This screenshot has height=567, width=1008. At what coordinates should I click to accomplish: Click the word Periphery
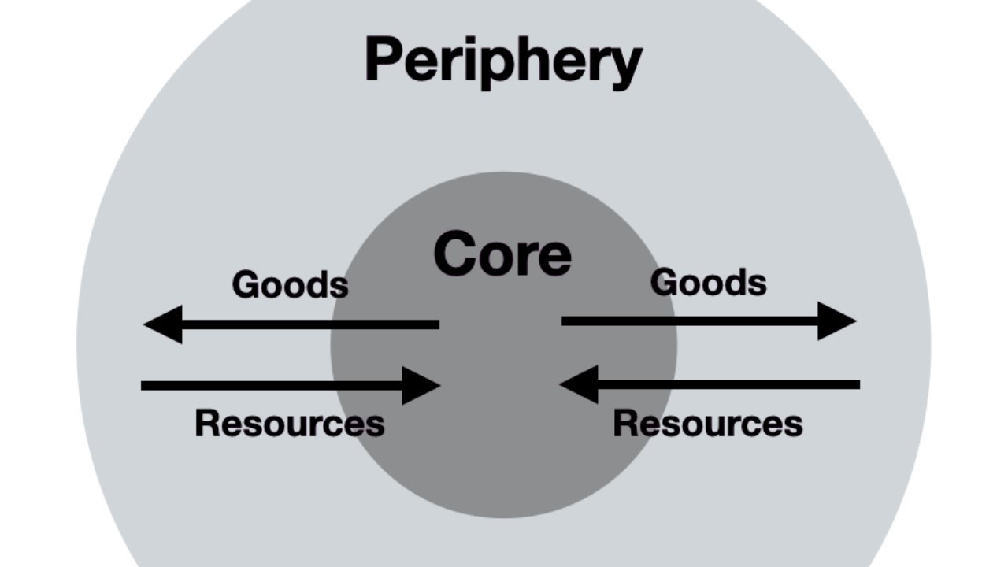pyautogui.click(x=503, y=62)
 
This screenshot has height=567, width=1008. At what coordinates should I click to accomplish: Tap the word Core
pyautogui.click(x=502, y=254)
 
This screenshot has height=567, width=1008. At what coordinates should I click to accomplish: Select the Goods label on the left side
pyautogui.click(x=290, y=284)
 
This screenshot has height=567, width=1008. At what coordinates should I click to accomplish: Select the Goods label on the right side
pyautogui.click(x=708, y=283)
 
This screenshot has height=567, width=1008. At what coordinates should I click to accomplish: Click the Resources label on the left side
pyautogui.click(x=289, y=423)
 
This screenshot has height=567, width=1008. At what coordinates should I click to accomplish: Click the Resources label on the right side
pyautogui.click(x=707, y=423)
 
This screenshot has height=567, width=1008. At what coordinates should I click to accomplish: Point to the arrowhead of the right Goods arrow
pyautogui.click(x=836, y=321)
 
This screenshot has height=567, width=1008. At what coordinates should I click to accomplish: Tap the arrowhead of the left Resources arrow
pyautogui.click(x=421, y=385)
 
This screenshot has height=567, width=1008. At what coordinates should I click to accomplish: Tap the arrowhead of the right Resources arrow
pyautogui.click(x=579, y=384)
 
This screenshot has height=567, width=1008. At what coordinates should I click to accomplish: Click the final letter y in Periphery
pyautogui.click(x=625, y=68)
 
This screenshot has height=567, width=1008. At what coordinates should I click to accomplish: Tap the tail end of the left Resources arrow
pyautogui.click(x=144, y=385)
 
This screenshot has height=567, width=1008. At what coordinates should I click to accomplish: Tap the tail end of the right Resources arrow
pyautogui.click(x=857, y=384)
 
